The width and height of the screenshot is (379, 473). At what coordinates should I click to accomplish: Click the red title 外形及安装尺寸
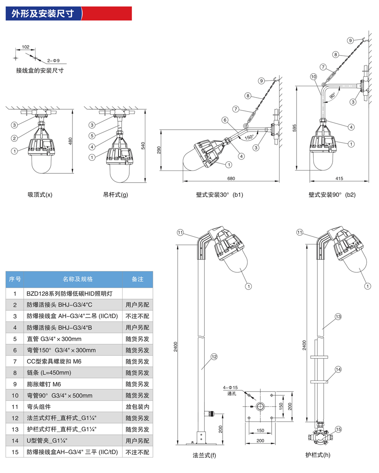pyautogui.click(x=43, y=13)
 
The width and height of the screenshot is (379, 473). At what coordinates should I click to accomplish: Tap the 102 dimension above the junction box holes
pyautogui.click(x=25, y=47)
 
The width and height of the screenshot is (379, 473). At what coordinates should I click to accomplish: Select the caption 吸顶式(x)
pyautogui.click(x=40, y=195)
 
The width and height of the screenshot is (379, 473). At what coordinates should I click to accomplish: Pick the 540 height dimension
pyautogui.click(x=143, y=146)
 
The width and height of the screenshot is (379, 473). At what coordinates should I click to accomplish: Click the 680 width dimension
pyautogui.click(x=231, y=178)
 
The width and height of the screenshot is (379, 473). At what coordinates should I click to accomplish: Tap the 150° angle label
pyautogui.click(x=249, y=137)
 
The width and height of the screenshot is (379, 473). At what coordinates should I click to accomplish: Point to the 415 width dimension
pyautogui.click(x=339, y=178)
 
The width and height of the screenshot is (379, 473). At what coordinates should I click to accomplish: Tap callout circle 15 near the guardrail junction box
pyautogui.click(x=338, y=429)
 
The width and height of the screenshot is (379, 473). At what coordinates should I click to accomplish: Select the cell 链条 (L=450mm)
pyautogui.click(x=49, y=372)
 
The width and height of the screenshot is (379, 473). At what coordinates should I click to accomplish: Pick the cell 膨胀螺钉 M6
pyautogui.click(x=44, y=384)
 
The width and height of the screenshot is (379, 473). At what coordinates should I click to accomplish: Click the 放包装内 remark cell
pyautogui.click(x=137, y=407)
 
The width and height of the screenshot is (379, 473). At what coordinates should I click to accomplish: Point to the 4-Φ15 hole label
pyautogui.click(x=230, y=388)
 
